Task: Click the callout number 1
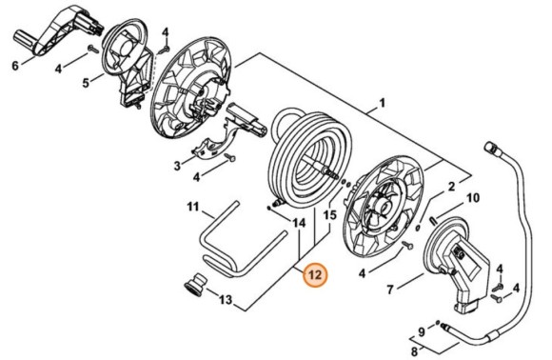point(382,104)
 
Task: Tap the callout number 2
point(451,188)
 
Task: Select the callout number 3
point(177,166)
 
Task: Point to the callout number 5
point(86,83)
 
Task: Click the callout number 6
point(14,66)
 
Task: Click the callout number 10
point(473,198)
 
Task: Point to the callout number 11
point(192,207)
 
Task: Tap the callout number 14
point(300,223)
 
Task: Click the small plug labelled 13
point(195,284)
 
